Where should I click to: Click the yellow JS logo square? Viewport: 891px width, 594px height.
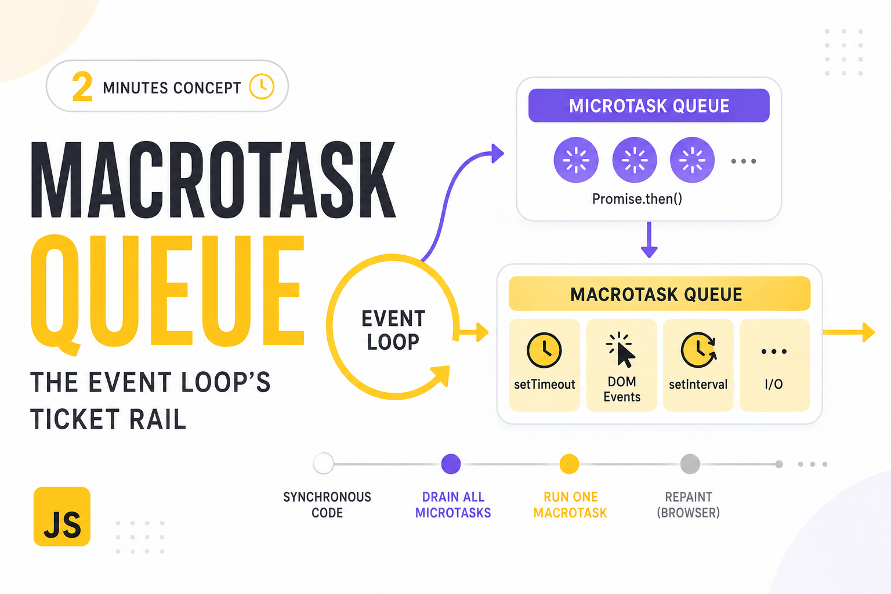[x=62, y=516]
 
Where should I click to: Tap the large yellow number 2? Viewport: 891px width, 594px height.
[x=82, y=86]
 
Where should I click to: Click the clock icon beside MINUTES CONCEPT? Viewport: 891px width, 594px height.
[x=262, y=86]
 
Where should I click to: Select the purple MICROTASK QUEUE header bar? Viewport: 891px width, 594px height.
[x=649, y=106]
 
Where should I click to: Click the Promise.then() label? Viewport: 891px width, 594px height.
[x=637, y=198]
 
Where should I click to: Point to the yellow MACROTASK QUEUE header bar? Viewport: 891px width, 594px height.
[x=660, y=294]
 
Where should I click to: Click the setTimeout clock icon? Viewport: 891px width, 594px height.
[x=544, y=350]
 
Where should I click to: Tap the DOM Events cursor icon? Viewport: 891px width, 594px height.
[x=621, y=350]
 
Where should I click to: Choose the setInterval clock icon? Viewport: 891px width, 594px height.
[x=698, y=350]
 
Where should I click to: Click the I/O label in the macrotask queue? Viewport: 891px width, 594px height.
[x=774, y=385]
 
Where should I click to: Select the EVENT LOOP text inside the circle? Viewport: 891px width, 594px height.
[x=393, y=330]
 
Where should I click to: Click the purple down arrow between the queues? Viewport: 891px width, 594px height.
[x=649, y=240]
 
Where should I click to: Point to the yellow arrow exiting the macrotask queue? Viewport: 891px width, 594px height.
[x=849, y=332]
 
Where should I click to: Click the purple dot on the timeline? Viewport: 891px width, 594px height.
[x=451, y=464]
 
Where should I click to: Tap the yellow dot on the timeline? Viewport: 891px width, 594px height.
[x=569, y=464]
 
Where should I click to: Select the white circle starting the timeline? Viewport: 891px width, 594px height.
[x=323, y=463]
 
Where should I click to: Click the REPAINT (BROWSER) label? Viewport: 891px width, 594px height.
[x=689, y=505]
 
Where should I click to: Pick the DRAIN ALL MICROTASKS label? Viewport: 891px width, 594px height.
[x=453, y=505]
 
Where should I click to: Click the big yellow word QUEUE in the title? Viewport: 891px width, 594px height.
[x=168, y=292]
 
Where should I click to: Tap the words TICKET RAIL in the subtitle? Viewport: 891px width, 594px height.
[x=108, y=419]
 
